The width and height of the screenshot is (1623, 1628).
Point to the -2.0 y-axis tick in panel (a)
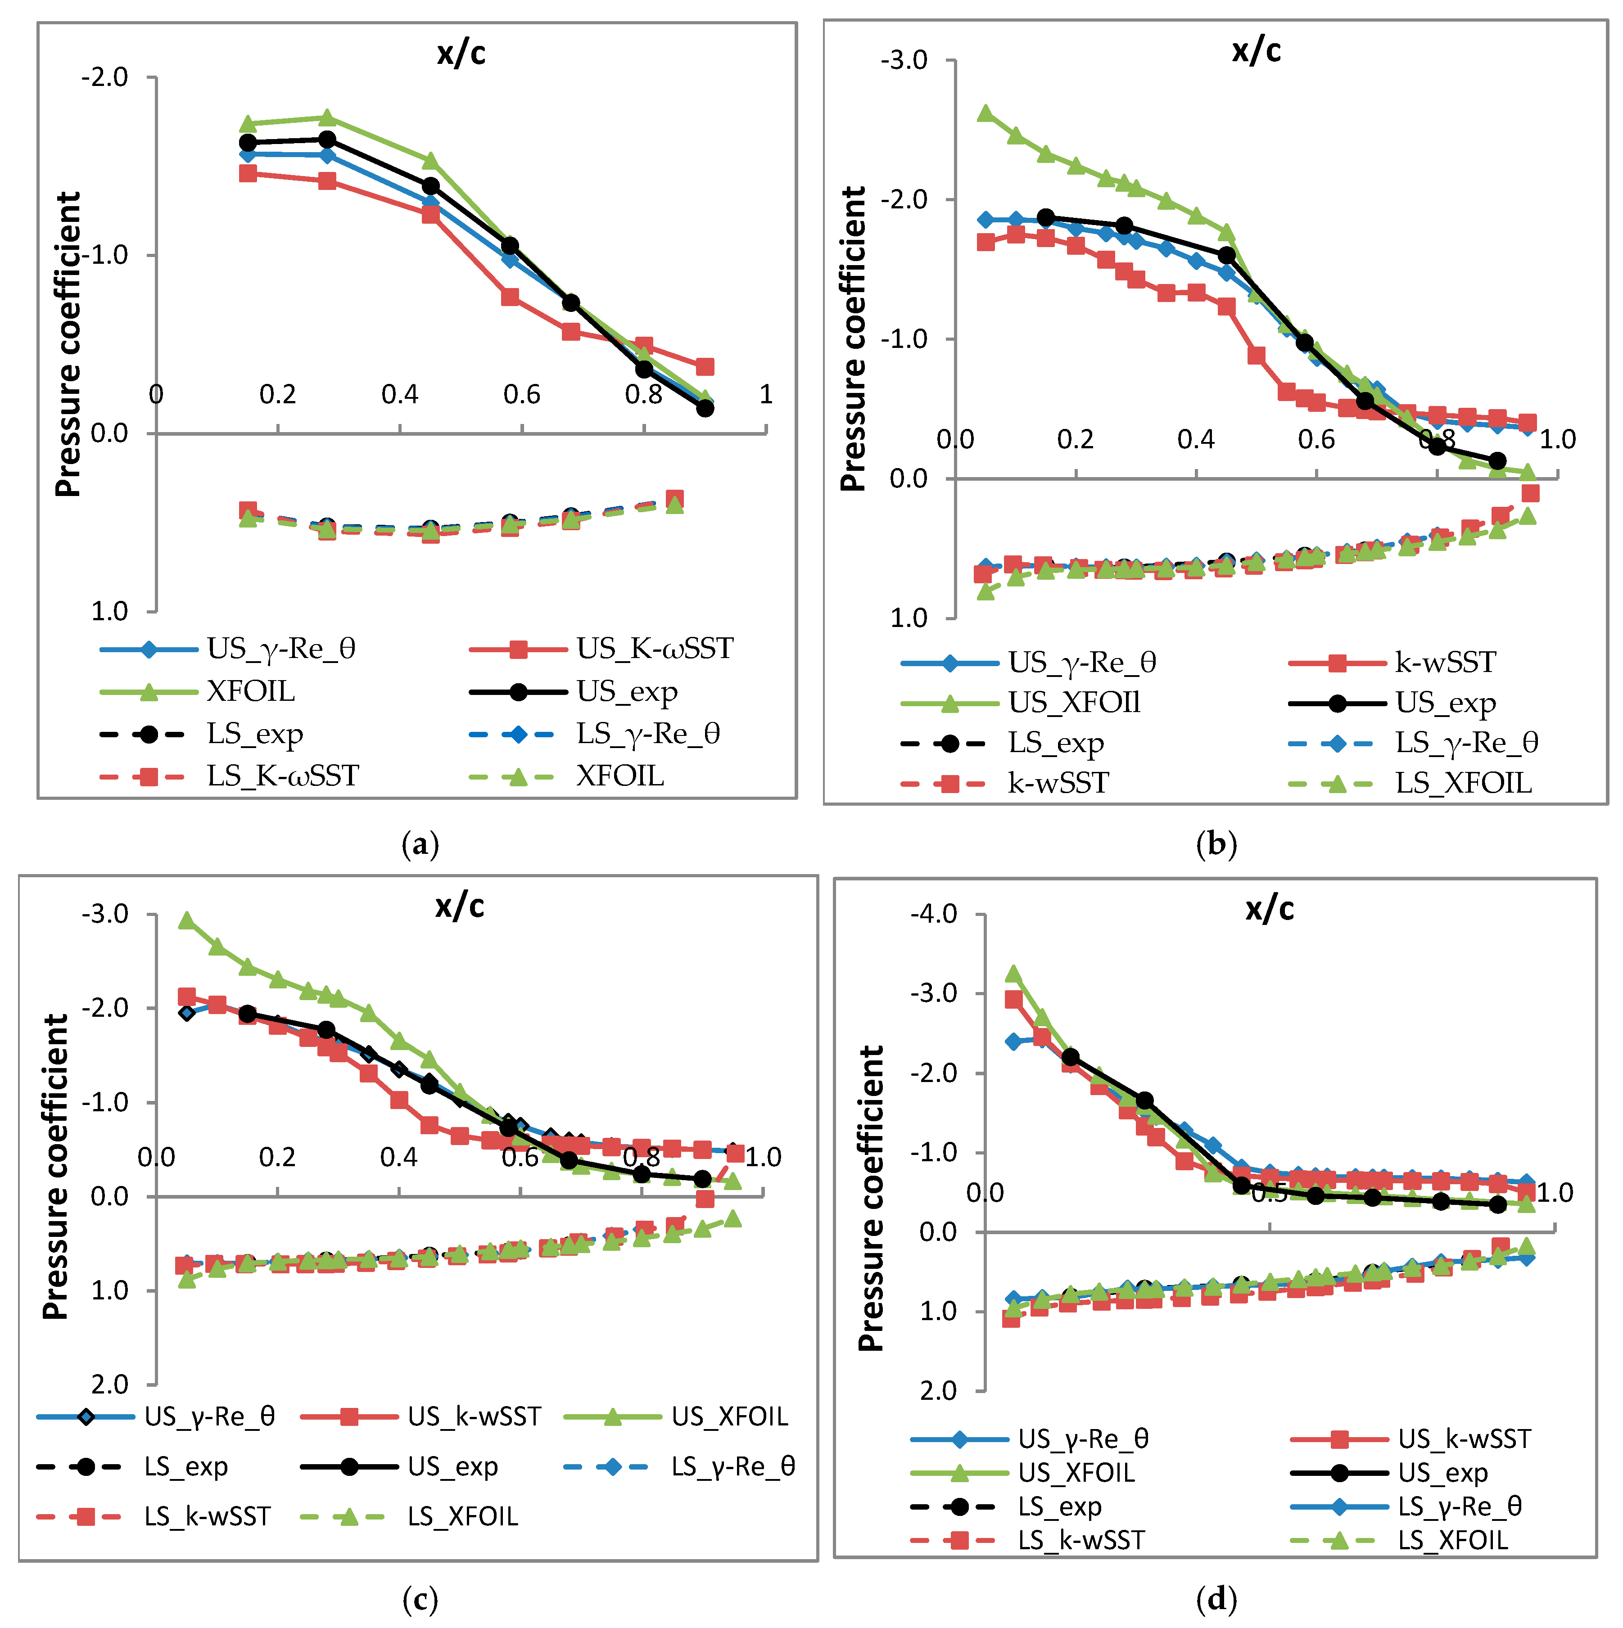[x=104, y=77]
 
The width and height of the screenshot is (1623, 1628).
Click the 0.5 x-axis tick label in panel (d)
[x=1269, y=1193]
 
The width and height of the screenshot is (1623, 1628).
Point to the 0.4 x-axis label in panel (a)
[x=399, y=394]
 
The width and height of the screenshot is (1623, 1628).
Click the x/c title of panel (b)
[x=1257, y=50]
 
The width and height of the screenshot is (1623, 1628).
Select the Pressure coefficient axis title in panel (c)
[x=56, y=1167]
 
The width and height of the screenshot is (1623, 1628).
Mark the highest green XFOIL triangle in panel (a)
[x=327, y=118]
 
